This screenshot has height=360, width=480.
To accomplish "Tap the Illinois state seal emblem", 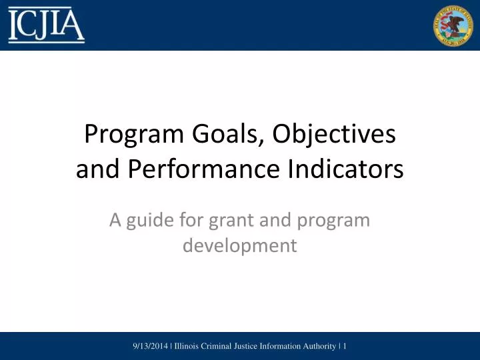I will point(453,25).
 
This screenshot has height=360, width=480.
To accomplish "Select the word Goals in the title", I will point(223,135).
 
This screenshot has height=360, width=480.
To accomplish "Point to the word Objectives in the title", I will point(333,135).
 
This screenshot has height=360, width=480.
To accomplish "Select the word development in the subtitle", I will point(240,245).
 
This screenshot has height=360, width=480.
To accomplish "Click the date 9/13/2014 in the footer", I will point(151,346).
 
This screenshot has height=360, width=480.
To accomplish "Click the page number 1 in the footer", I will point(345,346).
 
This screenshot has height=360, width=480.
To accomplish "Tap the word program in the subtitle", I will point(337,220).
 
